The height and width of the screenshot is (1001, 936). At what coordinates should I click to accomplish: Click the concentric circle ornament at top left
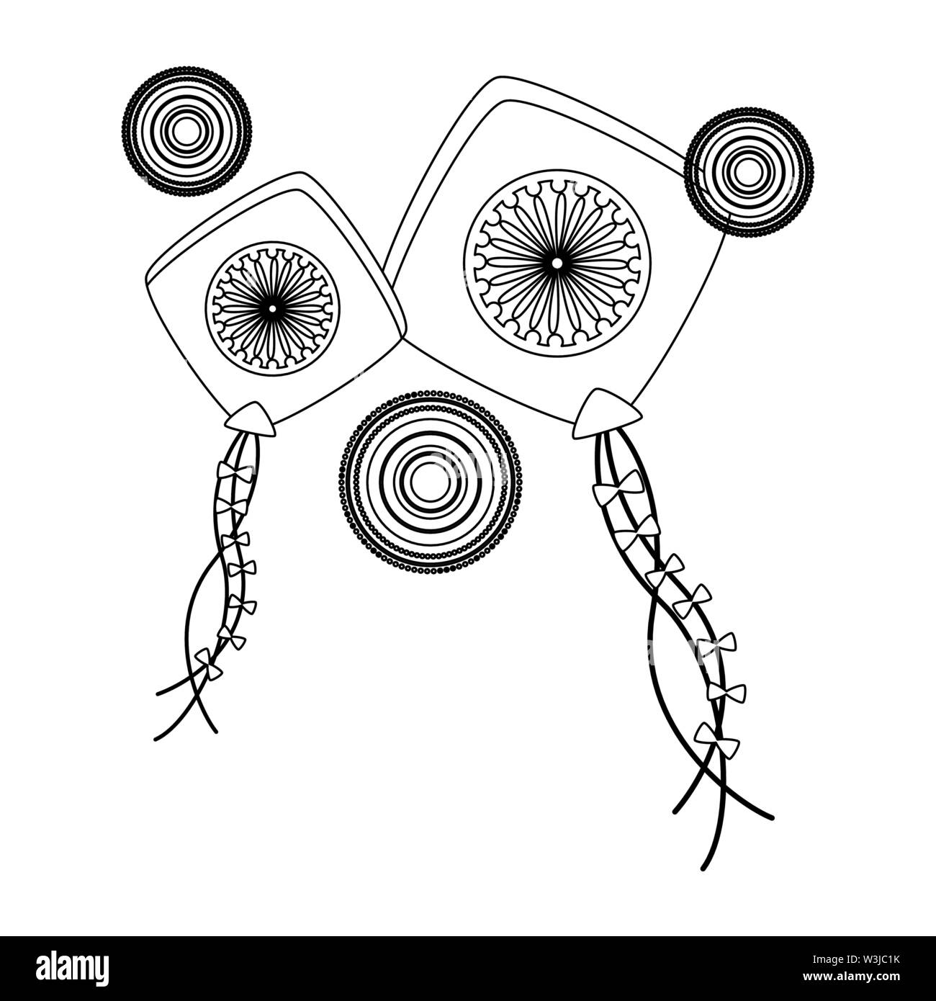click(x=186, y=131)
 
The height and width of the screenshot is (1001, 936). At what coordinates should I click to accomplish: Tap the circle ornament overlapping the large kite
click(x=749, y=171)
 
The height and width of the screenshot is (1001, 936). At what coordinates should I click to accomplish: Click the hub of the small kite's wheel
click(x=272, y=308)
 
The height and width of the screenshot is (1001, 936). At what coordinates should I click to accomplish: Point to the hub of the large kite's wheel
click(x=557, y=264)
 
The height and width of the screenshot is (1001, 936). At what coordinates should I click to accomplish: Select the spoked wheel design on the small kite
click(x=272, y=308)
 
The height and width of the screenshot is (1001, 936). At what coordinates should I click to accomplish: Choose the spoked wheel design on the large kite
click(x=557, y=264)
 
